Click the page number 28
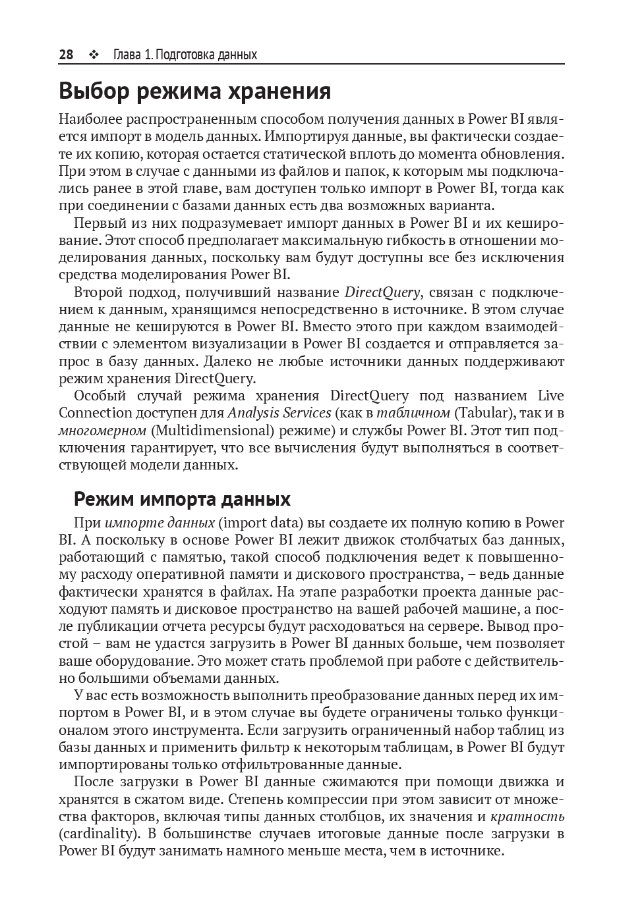click(66, 55)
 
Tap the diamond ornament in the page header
click(93, 55)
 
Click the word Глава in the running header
click(127, 55)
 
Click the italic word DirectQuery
click(382, 292)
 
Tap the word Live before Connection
click(551, 396)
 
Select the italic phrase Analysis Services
click(279, 413)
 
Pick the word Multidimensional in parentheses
click(212, 430)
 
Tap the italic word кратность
click(527, 817)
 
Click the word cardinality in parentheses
click(99, 834)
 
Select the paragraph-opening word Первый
click(97, 223)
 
